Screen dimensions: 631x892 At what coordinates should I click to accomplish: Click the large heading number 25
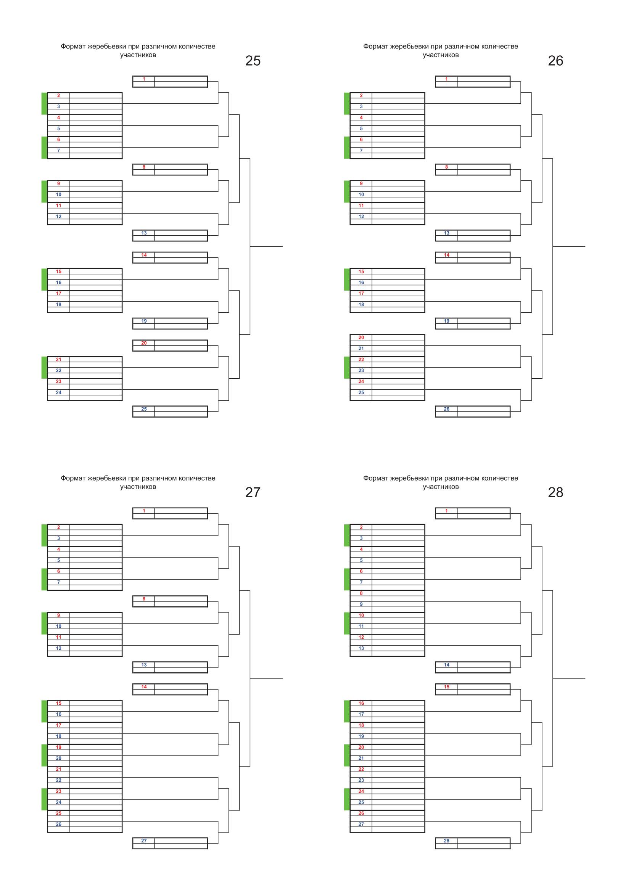click(x=253, y=61)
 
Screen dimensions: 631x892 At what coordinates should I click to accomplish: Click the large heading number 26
click(x=555, y=61)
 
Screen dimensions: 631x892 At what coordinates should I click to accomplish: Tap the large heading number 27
click(x=253, y=492)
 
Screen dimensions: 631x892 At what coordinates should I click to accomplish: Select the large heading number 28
click(x=555, y=492)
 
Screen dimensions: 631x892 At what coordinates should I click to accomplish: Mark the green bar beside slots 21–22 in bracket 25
click(x=44, y=368)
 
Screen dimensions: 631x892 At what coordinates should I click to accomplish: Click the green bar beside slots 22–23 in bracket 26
click(x=347, y=368)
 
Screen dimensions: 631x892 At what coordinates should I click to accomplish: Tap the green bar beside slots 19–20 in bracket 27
click(x=44, y=755)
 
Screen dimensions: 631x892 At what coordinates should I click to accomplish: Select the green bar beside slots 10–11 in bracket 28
click(x=347, y=623)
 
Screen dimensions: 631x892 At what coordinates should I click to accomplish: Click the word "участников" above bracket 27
click(x=138, y=487)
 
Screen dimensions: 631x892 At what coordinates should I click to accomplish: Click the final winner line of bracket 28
click(x=569, y=678)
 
